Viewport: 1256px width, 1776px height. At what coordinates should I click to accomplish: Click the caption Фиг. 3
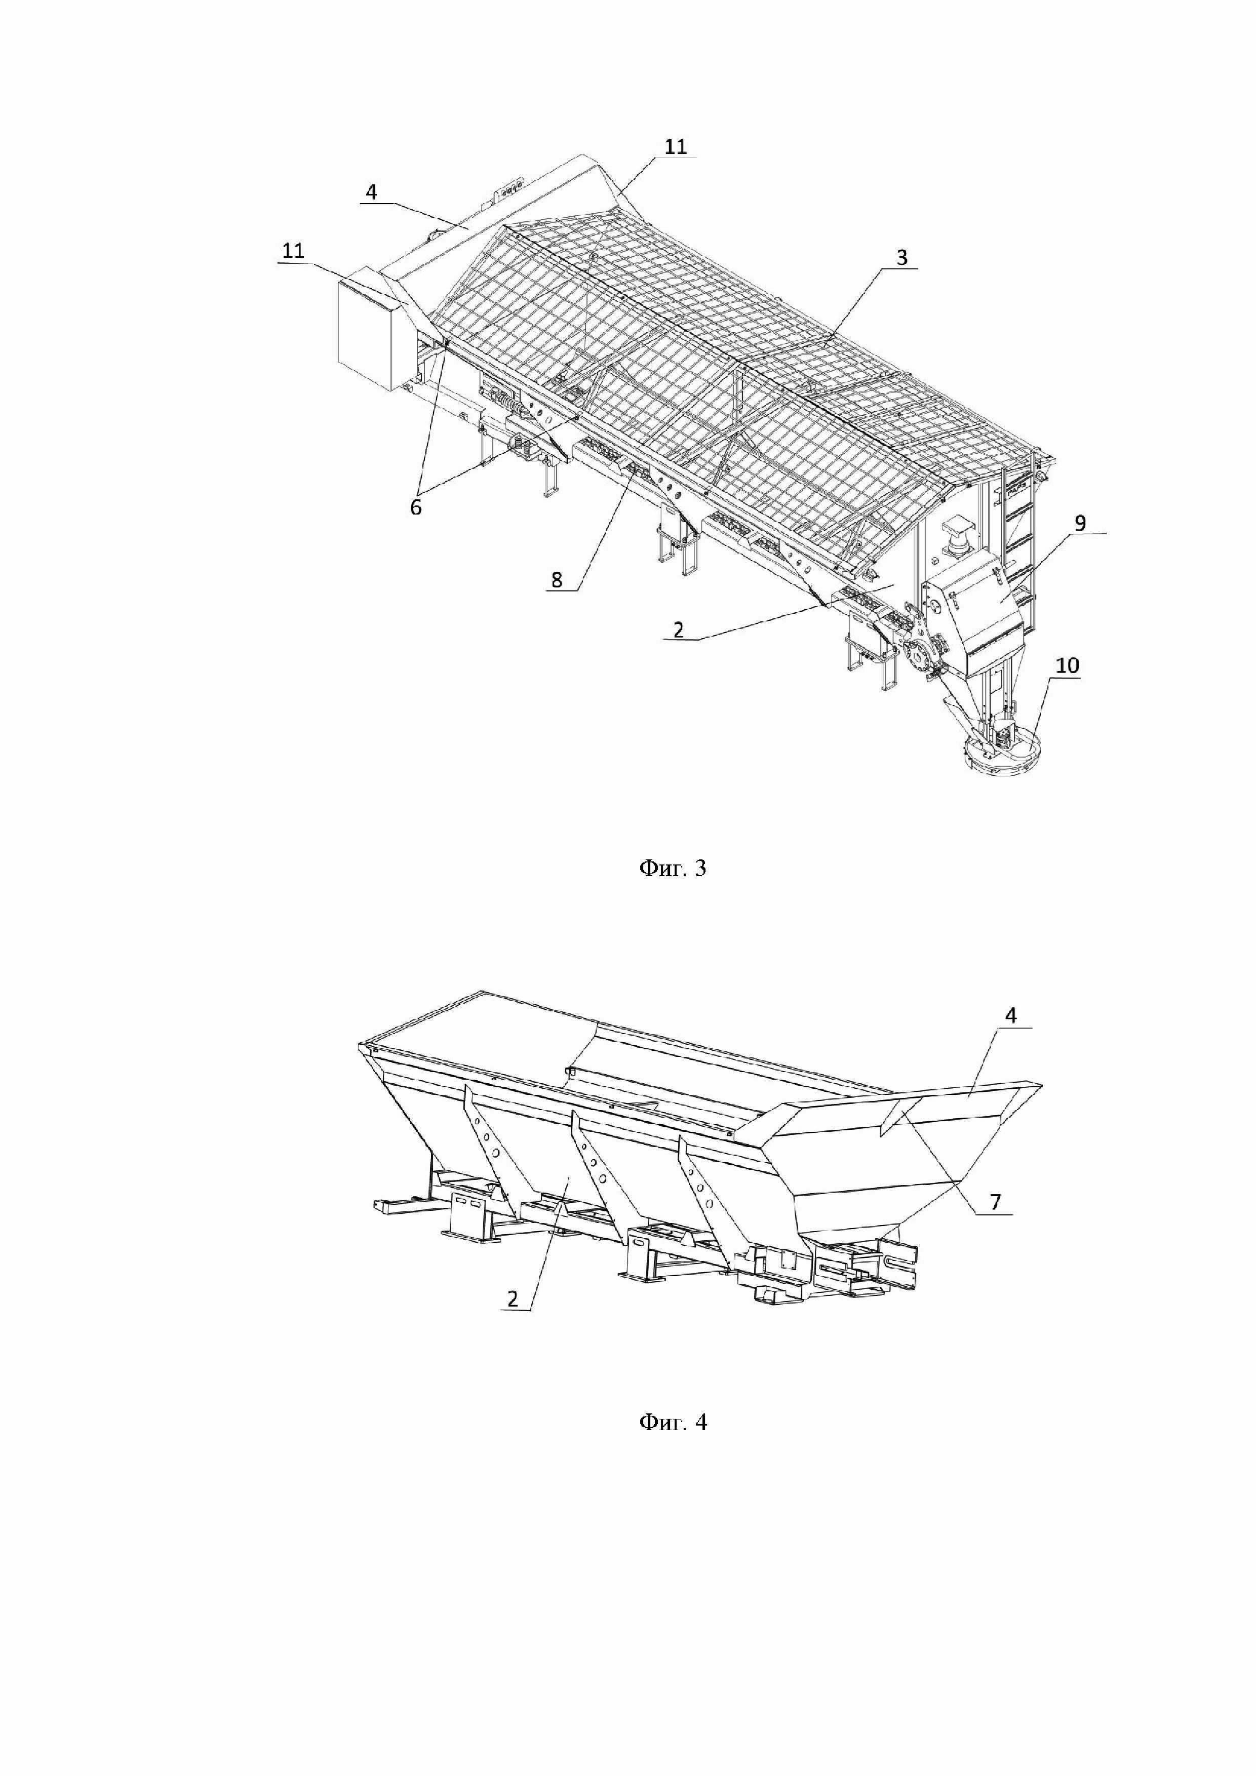[x=672, y=868]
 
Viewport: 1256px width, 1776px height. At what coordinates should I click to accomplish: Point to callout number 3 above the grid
[x=902, y=258]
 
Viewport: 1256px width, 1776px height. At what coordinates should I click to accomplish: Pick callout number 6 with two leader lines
[x=416, y=508]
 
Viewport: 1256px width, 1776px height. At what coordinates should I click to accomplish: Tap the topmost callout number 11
[x=675, y=146]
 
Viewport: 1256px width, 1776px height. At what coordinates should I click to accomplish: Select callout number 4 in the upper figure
[x=372, y=192]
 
